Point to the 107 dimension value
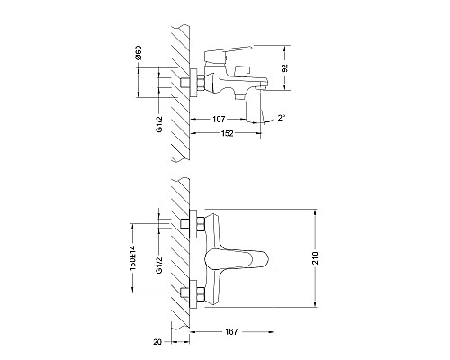[x=219, y=119]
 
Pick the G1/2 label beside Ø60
[x=157, y=120]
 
